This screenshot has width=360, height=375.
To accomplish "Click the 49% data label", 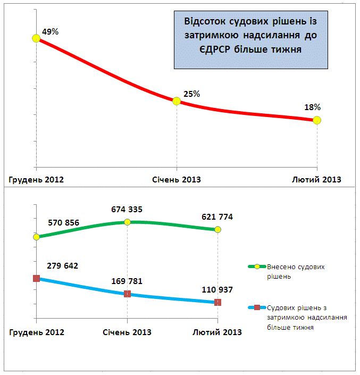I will point(50,32).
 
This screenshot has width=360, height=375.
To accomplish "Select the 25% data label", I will point(191,94).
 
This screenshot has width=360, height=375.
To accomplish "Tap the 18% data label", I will point(313,107).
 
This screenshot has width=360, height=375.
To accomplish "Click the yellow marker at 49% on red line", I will point(36,38).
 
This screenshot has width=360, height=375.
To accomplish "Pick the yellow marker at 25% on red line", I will point(177,101).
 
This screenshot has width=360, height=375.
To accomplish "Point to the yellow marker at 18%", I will point(317,120).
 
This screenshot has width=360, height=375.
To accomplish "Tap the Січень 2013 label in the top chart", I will point(177,180).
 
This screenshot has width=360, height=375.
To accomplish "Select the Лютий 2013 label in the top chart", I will point(316,180).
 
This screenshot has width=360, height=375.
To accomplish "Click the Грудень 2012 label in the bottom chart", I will point(37,332).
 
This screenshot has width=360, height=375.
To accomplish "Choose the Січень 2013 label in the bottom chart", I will point(127,332).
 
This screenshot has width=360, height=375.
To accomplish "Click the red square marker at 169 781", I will point(127,294).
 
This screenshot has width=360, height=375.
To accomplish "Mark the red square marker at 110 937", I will point(218,302).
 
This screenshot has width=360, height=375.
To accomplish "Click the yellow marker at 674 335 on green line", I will point(127,222).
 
